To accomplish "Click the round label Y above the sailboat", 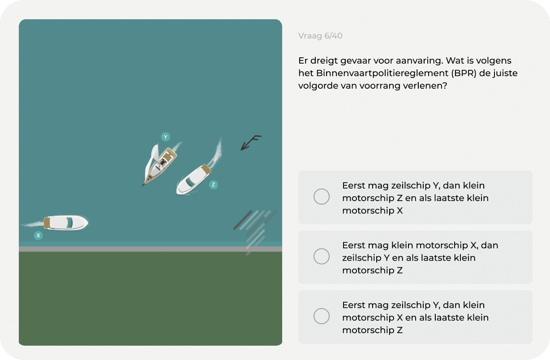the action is tap(165, 137).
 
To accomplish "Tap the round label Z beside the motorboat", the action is tap(213, 185).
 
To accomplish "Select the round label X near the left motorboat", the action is tap(39, 236).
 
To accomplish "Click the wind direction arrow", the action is tap(251, 142).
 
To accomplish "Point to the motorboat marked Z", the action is tap(193, 180).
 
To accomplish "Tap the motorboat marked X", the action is tap(66, 223).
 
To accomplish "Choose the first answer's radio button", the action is tap(322, 197).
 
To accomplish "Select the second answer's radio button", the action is tap(322, 257).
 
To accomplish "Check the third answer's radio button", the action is tap(322, 316).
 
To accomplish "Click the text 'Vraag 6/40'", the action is tap(320, 36).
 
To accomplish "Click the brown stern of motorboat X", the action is tap(47, 223).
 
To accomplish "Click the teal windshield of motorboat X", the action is tap(69, 223).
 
